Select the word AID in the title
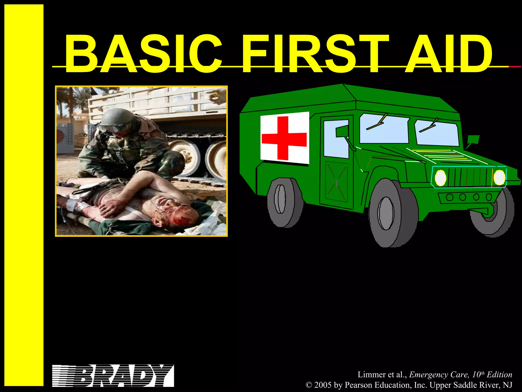[x=449, y=54]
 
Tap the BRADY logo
[x=113, y=376]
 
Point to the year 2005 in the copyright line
[x=323, y=385]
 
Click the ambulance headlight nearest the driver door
[x=440, y=178]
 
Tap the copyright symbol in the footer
[x=309, y=385]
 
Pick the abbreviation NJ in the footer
[x=507, y=385]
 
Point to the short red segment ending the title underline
[x=515, y=67]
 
